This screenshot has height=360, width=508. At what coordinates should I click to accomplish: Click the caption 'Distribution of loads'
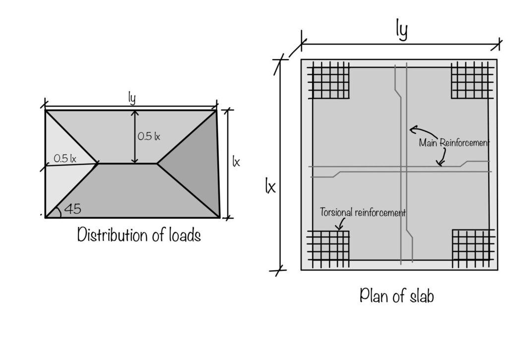(139, 235)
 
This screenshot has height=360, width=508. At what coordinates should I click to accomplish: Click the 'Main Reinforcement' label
(454, 143)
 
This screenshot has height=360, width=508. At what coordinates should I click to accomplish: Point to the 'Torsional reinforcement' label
(363, 213)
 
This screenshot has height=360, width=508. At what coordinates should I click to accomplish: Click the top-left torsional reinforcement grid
(329, 80)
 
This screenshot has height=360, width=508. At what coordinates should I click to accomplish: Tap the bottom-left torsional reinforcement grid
(329, 247)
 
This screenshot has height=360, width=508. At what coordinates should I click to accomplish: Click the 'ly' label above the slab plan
(401, 31)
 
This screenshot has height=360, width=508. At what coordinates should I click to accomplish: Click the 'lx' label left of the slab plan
(270, 188)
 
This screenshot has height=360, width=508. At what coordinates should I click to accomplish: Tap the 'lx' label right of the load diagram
(237, 161)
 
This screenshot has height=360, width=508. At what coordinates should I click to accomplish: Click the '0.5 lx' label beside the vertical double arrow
(149, 137)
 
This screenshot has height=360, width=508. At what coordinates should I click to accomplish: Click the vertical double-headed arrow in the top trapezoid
(133, 136)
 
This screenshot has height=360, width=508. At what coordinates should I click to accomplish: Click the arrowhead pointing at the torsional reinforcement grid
(339, 228)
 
